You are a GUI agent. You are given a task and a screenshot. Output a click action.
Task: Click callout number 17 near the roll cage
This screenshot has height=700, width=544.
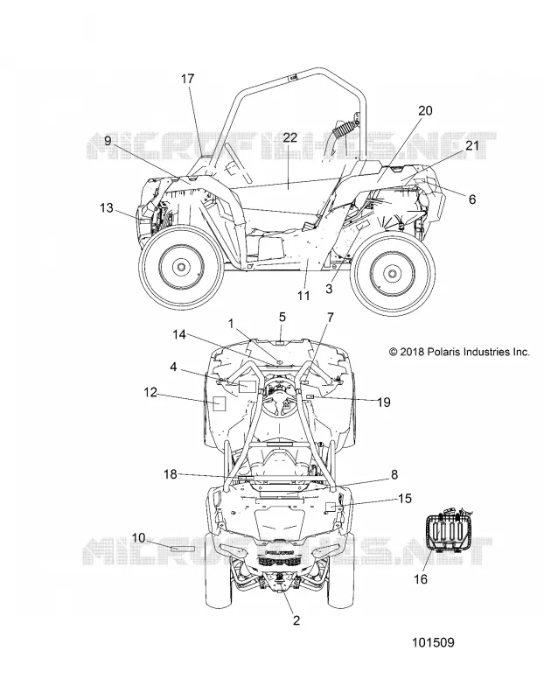[x=188, y=79]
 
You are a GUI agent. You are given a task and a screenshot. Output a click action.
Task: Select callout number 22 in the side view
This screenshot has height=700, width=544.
[x=289, y=137]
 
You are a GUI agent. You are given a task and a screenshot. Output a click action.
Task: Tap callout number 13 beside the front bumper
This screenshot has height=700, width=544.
[x=107, y=207]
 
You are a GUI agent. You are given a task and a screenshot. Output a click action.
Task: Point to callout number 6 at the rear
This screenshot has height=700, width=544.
[x=472, y=199]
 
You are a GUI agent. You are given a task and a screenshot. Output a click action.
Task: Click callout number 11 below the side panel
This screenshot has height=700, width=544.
[x=303, y=295]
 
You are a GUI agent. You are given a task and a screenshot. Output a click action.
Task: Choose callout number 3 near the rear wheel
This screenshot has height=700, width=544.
[x=329, y=289]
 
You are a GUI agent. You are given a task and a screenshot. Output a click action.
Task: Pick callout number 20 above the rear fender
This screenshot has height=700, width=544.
[x=425, y=110]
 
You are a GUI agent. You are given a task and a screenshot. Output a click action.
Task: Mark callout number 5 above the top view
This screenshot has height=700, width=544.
[x=282, y=317]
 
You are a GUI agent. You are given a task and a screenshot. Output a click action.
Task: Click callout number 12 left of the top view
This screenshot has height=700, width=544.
[x=150, y=392]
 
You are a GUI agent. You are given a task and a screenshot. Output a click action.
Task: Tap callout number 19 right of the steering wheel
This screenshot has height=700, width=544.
[x=384, y=402]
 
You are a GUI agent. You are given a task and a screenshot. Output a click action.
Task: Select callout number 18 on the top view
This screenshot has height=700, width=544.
[x=171, y=473]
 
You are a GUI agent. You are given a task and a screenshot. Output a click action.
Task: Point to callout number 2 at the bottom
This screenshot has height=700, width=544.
[x=296, y=619]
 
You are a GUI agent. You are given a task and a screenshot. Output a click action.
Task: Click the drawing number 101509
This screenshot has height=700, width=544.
[x=432, y=642]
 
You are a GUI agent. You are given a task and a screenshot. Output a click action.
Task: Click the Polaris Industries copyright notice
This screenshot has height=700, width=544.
[x=460, y=352]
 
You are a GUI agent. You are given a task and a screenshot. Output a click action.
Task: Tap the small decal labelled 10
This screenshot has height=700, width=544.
[x=183, y=549]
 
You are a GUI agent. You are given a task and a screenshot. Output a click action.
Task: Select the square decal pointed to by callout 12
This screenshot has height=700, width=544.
[x=219, y=403]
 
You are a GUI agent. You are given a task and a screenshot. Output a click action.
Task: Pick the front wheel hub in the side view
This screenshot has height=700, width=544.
[x=181, y=267]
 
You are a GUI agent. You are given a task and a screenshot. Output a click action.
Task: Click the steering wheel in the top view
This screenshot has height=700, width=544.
[x=278, y=393]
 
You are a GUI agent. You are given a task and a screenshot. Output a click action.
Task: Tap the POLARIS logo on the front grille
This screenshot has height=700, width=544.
[x=280, y=552]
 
